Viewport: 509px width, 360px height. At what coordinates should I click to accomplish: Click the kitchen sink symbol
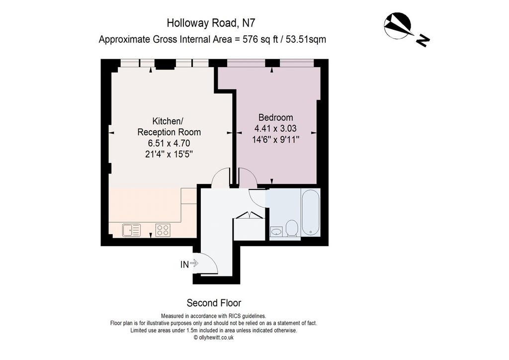click(131, 230)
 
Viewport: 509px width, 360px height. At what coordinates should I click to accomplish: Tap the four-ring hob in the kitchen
click(163, 230)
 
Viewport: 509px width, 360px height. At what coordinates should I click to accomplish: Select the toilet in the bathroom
click(292, 228)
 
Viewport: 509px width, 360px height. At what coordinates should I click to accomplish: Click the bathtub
click(310, 212)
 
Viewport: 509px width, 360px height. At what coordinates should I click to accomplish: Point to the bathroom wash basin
click(276, 231)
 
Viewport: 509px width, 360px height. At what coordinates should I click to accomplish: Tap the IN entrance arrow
click(194, 263)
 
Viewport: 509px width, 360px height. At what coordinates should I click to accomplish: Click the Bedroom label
click(275, 117)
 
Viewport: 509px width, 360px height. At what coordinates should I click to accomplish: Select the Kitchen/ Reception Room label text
click(169, 127)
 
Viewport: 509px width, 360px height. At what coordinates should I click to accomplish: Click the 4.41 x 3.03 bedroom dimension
click(275, 128)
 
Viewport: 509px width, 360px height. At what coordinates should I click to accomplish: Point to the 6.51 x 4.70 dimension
click(169, 143)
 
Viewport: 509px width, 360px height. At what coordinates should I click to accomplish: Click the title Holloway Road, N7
click(211, 23)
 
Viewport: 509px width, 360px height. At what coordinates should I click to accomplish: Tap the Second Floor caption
click(214, 303)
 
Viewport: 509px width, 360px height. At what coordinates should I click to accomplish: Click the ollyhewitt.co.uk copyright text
click(214, 338)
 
